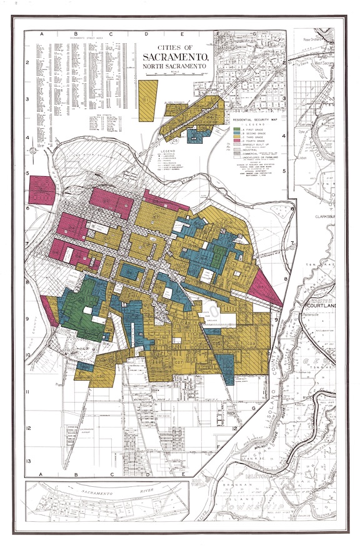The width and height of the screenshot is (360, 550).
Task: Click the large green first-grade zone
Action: click(84, 309)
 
